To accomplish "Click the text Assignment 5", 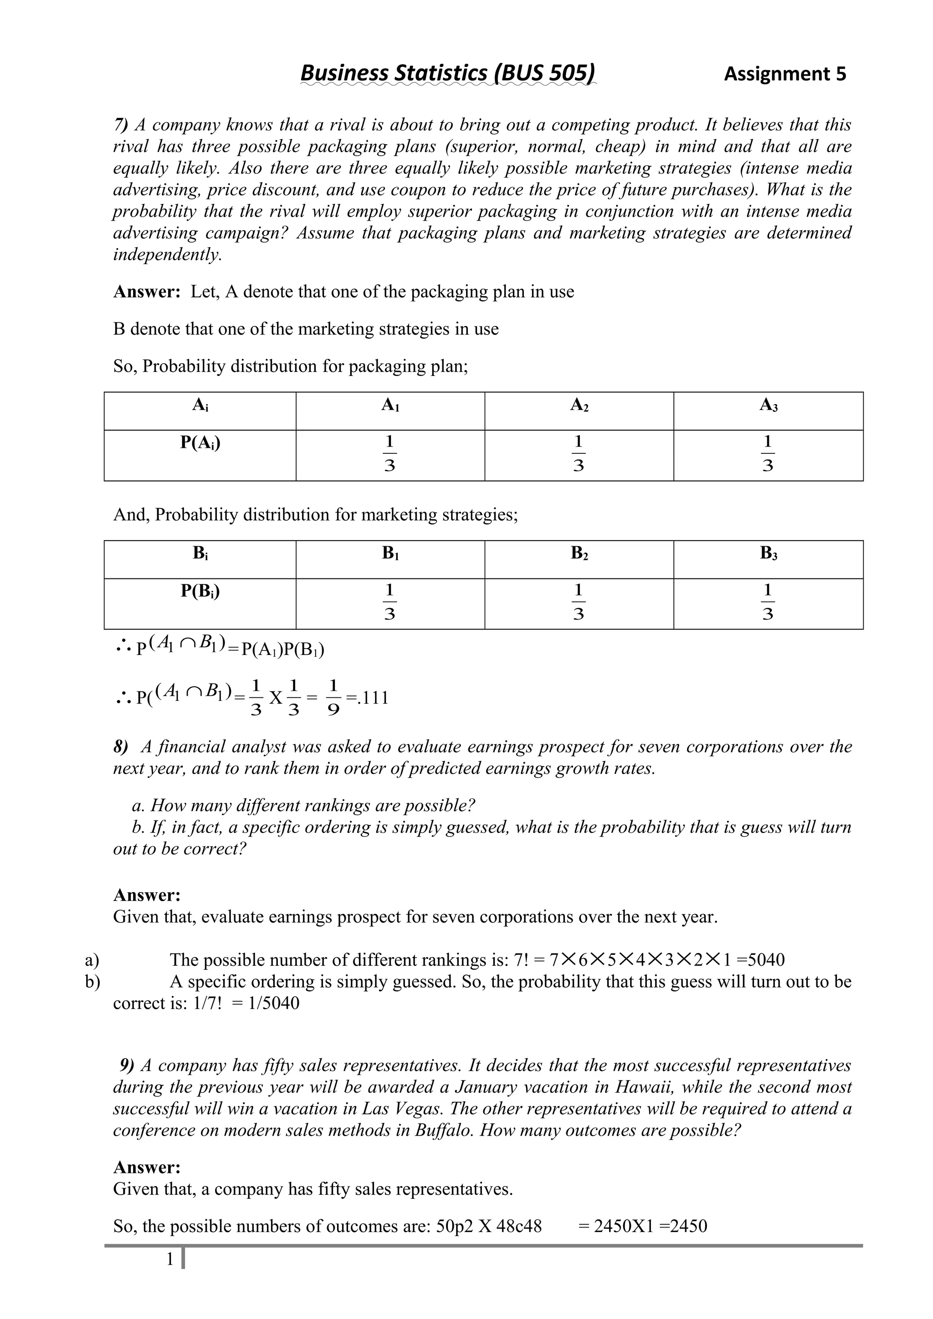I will (x=784, y=74).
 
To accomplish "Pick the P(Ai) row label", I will (x=200, y=442).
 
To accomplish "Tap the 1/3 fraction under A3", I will (x=768, y=454).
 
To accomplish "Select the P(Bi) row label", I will (x=200, y=591).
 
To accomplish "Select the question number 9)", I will (x=127, y=1065).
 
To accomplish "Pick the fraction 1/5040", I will (x=274, y=1004).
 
